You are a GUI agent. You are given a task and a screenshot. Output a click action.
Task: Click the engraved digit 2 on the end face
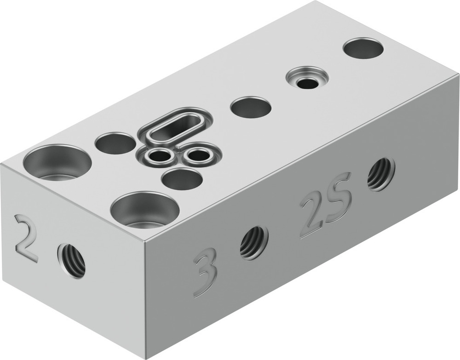click(26, 238)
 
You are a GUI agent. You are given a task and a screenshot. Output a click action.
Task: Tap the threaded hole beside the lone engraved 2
click(72, 261)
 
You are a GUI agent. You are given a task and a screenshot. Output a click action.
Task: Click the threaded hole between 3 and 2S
click(253, 242)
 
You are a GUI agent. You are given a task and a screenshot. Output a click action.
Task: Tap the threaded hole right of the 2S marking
click(381, 174)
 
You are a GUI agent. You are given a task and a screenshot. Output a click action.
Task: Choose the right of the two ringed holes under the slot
click(198, 155)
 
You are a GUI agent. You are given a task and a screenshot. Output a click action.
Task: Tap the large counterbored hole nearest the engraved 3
click(144, 210)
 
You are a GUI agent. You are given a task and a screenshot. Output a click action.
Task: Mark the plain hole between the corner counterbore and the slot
click(115, 143)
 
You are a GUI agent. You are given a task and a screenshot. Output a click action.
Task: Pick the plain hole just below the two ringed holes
click(182, 179)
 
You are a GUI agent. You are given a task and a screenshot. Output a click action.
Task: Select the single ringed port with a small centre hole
click(306, 78)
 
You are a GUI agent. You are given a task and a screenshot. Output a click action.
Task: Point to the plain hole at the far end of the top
click(363, 48)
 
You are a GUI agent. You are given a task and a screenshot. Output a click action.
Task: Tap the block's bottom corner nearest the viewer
click(146, 357)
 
